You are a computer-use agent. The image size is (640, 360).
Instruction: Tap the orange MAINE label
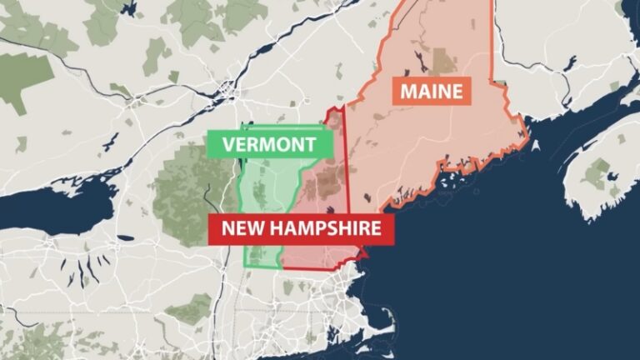tap(431, 90)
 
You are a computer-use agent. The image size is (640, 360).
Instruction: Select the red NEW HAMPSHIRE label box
tap(301, 228)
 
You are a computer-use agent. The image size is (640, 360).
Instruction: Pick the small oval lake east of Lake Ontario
tap(125, 237)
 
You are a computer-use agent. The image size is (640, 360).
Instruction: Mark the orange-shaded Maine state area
tap(433, 142)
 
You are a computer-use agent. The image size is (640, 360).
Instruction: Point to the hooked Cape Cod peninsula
tap(385, 321)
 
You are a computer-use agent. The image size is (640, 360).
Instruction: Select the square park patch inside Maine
tap(444, 60)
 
